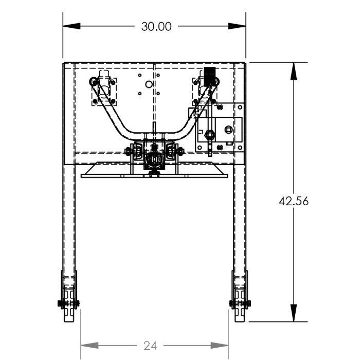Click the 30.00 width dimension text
(156, 26)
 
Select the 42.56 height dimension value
(293, 201)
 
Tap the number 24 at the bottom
(150, 346)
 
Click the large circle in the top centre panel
(149, 84)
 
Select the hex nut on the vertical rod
(209, 135)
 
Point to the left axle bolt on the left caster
(61, 303)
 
